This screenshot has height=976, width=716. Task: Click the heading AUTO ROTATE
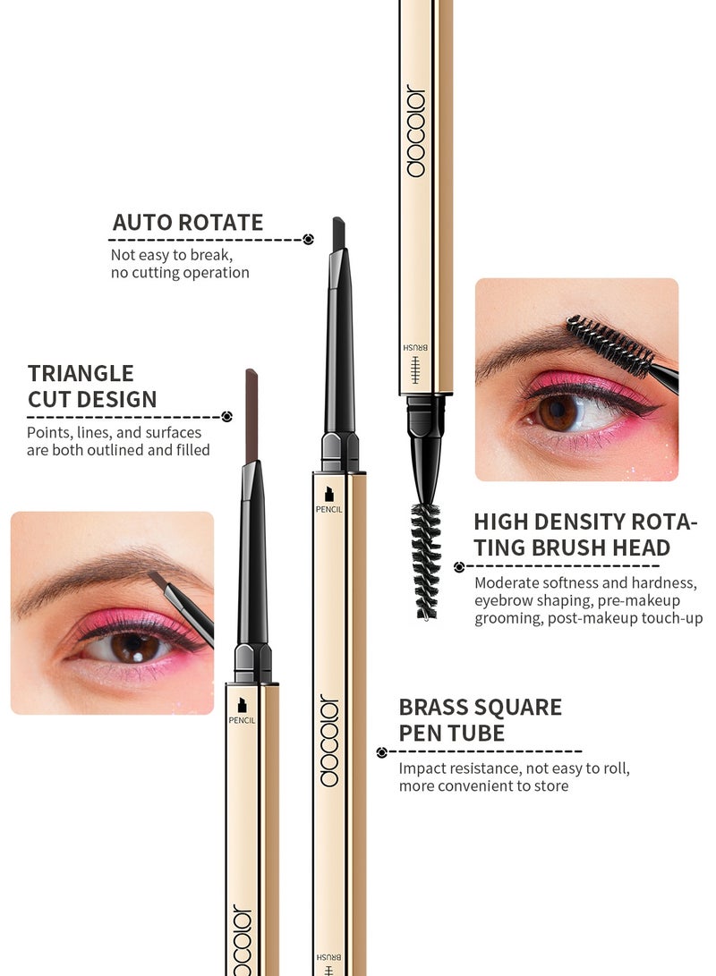coord(188,223)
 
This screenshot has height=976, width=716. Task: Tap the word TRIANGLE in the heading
coord(81,374)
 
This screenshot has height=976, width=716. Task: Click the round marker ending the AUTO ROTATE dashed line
coord(308,240)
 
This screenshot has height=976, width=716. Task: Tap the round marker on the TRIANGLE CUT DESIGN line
coord(226,416)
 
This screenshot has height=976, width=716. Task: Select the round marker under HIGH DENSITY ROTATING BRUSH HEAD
coord(459,566)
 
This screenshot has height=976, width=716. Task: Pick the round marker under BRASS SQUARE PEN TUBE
coord(382,753)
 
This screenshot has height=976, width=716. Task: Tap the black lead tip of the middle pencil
coord(338,233)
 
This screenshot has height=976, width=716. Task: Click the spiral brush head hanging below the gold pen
coord(426,559)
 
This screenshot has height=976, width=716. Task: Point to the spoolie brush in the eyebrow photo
coord(611,344)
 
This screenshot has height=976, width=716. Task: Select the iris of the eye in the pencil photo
coord(135,646)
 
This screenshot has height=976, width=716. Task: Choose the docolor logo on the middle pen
coord(329,740)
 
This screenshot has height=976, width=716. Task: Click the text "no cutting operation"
coord(180,273)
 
